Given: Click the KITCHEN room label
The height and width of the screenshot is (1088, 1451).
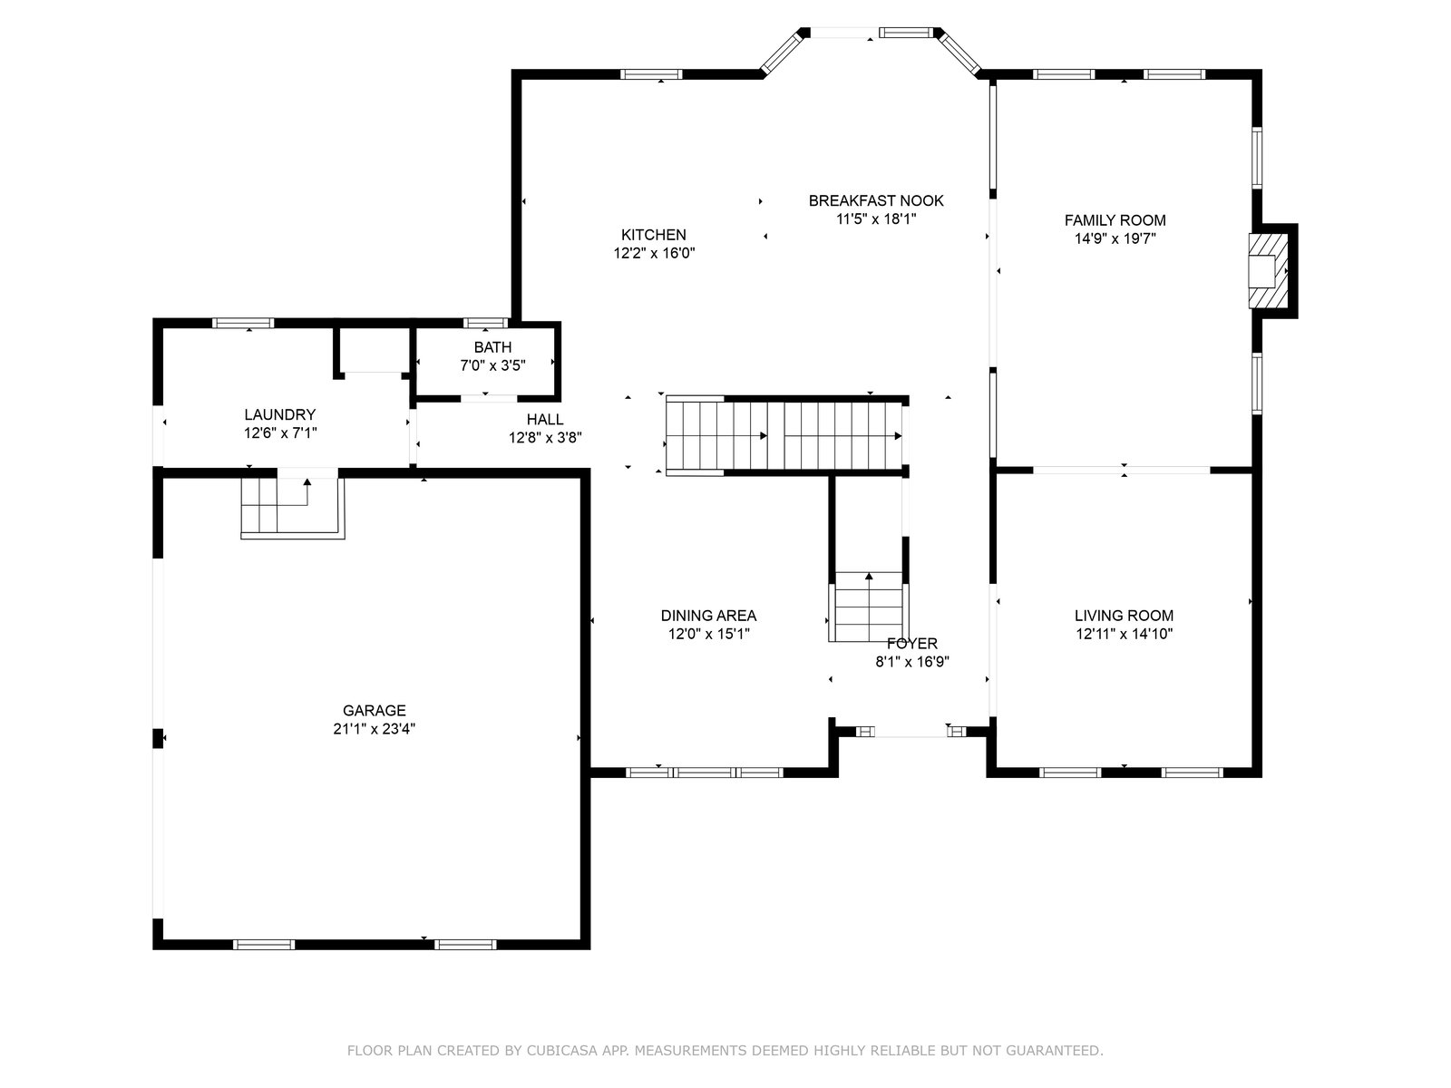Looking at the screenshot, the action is click(653, 235).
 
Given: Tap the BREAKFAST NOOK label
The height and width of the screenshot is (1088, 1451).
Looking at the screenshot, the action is click(876, 200).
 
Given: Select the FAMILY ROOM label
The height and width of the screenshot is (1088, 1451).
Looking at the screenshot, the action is click(1115, 220).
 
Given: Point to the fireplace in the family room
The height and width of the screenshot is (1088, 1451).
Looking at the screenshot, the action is click(1269, 271).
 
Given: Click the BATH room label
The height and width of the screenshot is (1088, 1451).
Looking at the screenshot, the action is click(492, 347).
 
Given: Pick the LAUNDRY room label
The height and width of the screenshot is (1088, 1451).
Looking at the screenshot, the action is click(280, 415).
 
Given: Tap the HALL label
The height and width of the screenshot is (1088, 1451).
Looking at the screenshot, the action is click(545, 420).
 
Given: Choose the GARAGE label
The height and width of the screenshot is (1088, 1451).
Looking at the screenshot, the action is click(375, 711).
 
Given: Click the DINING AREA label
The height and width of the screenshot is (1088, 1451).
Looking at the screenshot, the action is click(708, 616).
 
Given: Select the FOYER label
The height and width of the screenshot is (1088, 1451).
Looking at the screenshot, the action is click(912, 644).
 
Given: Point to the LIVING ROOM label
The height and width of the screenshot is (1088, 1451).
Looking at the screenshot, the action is click(1124, 616).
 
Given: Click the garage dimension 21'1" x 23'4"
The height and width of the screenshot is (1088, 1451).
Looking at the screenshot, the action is click(375, 729).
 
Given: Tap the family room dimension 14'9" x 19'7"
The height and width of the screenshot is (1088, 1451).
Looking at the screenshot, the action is click(1115, 239).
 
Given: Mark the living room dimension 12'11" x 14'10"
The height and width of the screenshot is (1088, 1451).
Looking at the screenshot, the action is click(1124, 634).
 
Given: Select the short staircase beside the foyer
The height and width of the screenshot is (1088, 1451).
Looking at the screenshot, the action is click(869, 607).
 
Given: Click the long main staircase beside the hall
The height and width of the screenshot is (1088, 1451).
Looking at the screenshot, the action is click(784, 436).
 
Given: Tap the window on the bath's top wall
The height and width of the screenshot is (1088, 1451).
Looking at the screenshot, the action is click(485, 323).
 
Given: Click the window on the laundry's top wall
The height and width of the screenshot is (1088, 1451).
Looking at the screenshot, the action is click(243, 323).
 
